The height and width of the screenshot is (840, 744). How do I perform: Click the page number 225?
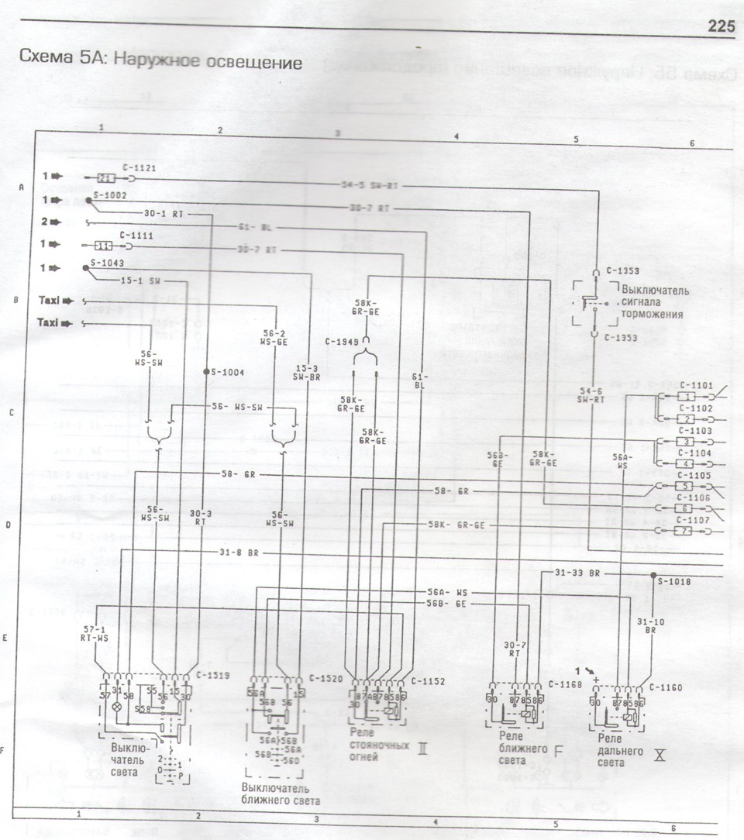coord(721,27)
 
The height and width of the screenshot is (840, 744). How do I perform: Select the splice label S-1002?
coord(108,197)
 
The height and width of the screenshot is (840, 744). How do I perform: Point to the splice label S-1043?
coord(107,263)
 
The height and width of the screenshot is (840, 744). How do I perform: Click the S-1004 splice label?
coord(226,372)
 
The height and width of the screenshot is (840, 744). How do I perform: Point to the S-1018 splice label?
coord(673,580)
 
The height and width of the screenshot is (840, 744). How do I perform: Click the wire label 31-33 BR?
coord(577,572)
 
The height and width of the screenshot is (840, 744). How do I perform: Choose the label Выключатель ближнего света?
coord(280,794)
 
